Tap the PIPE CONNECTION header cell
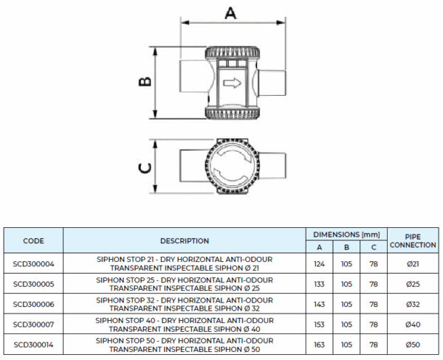413,240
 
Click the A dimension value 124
319,263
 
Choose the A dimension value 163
319,344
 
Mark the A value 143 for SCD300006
319,303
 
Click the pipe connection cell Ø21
413,263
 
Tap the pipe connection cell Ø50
413,344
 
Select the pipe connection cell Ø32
413,303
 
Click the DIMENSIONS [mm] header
346,234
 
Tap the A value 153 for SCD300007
319,324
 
